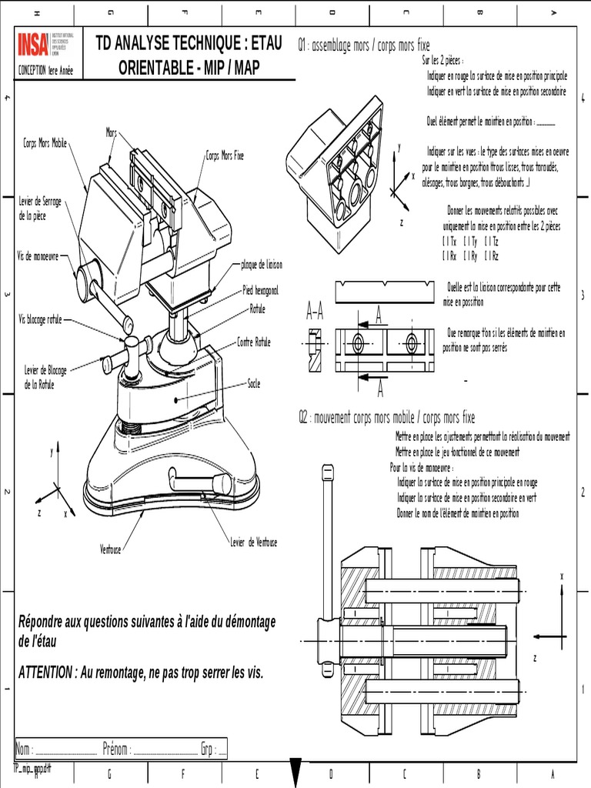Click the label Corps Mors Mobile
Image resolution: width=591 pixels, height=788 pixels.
[45, 143]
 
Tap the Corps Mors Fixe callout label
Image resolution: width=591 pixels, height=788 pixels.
[225, 155]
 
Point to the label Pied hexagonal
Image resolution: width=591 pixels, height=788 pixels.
[260, 291]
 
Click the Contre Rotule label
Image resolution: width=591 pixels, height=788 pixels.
[254, 342]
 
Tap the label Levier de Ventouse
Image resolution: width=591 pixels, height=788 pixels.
[253, 543]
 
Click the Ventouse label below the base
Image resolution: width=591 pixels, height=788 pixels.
[112, 549]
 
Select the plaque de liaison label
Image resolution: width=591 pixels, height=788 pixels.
[262, 264]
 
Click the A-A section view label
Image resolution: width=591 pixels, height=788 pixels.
[315, 311]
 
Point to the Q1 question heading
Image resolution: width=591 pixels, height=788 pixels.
[364, 46]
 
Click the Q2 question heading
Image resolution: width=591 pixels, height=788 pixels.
[386, 417]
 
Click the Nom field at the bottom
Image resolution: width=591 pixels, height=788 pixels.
[25, 750]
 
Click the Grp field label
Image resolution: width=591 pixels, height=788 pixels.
[207, 750]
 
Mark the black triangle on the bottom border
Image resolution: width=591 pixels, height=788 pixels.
[295, 772]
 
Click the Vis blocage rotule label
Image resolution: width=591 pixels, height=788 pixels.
[44, 319]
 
